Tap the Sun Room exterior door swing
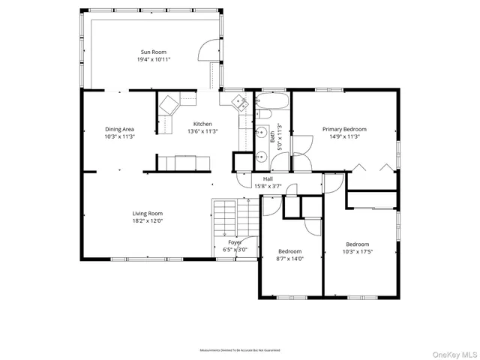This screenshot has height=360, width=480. click(x=204, y=52)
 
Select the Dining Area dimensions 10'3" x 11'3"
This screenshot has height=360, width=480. click(x=119, y=137)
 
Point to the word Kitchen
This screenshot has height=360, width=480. click(x=202, y=124)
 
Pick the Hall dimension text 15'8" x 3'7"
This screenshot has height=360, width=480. click(x=268, y=186)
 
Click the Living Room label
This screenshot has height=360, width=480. click(x=148, y=213)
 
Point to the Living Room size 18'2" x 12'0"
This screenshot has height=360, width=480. click(x=148, y=221)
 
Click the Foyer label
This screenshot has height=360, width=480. click(x=235, y=242)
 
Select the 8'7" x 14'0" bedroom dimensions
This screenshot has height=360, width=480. click(x=289, y=259)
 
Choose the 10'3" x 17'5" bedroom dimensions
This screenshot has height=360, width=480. click(x=357, y=251)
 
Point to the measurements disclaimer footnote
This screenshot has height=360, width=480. click(x=239, y=350)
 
